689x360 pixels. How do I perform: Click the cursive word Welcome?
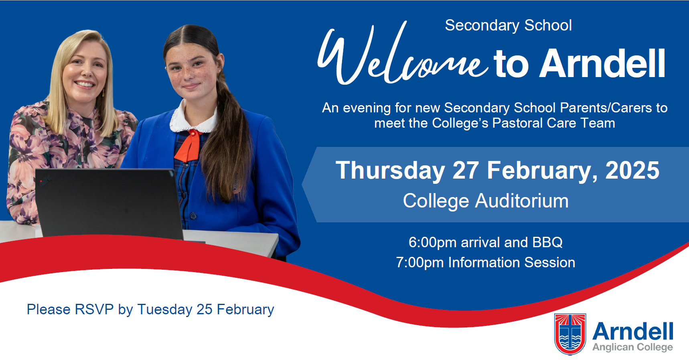401,54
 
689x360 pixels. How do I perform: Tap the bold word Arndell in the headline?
602,63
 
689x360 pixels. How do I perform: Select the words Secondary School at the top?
508,25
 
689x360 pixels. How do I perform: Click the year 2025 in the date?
632,170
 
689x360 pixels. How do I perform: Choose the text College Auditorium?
486,201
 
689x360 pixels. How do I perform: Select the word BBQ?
547,242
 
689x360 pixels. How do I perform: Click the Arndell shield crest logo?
570,334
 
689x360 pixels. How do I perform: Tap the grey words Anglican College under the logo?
633,347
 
